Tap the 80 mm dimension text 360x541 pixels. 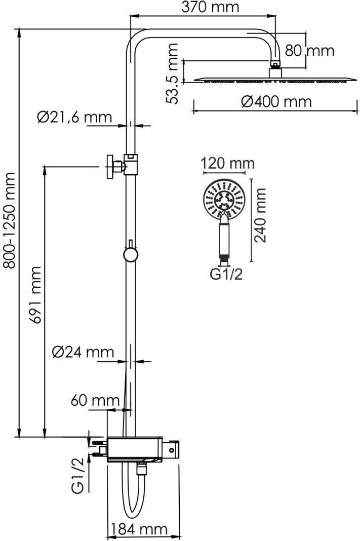(x=309, y=51)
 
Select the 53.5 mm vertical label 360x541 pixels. (x=173, y=73)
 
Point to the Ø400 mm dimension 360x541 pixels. (x=276, y=101)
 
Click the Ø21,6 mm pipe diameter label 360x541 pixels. (x=74, y=118)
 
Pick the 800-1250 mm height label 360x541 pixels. (x=10, y=220)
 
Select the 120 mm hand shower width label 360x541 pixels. (x=227, y=164)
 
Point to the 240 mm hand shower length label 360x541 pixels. (x=261, y=215)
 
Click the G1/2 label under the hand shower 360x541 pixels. (x=226, y=275)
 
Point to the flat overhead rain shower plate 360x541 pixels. (x=273, y=79)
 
